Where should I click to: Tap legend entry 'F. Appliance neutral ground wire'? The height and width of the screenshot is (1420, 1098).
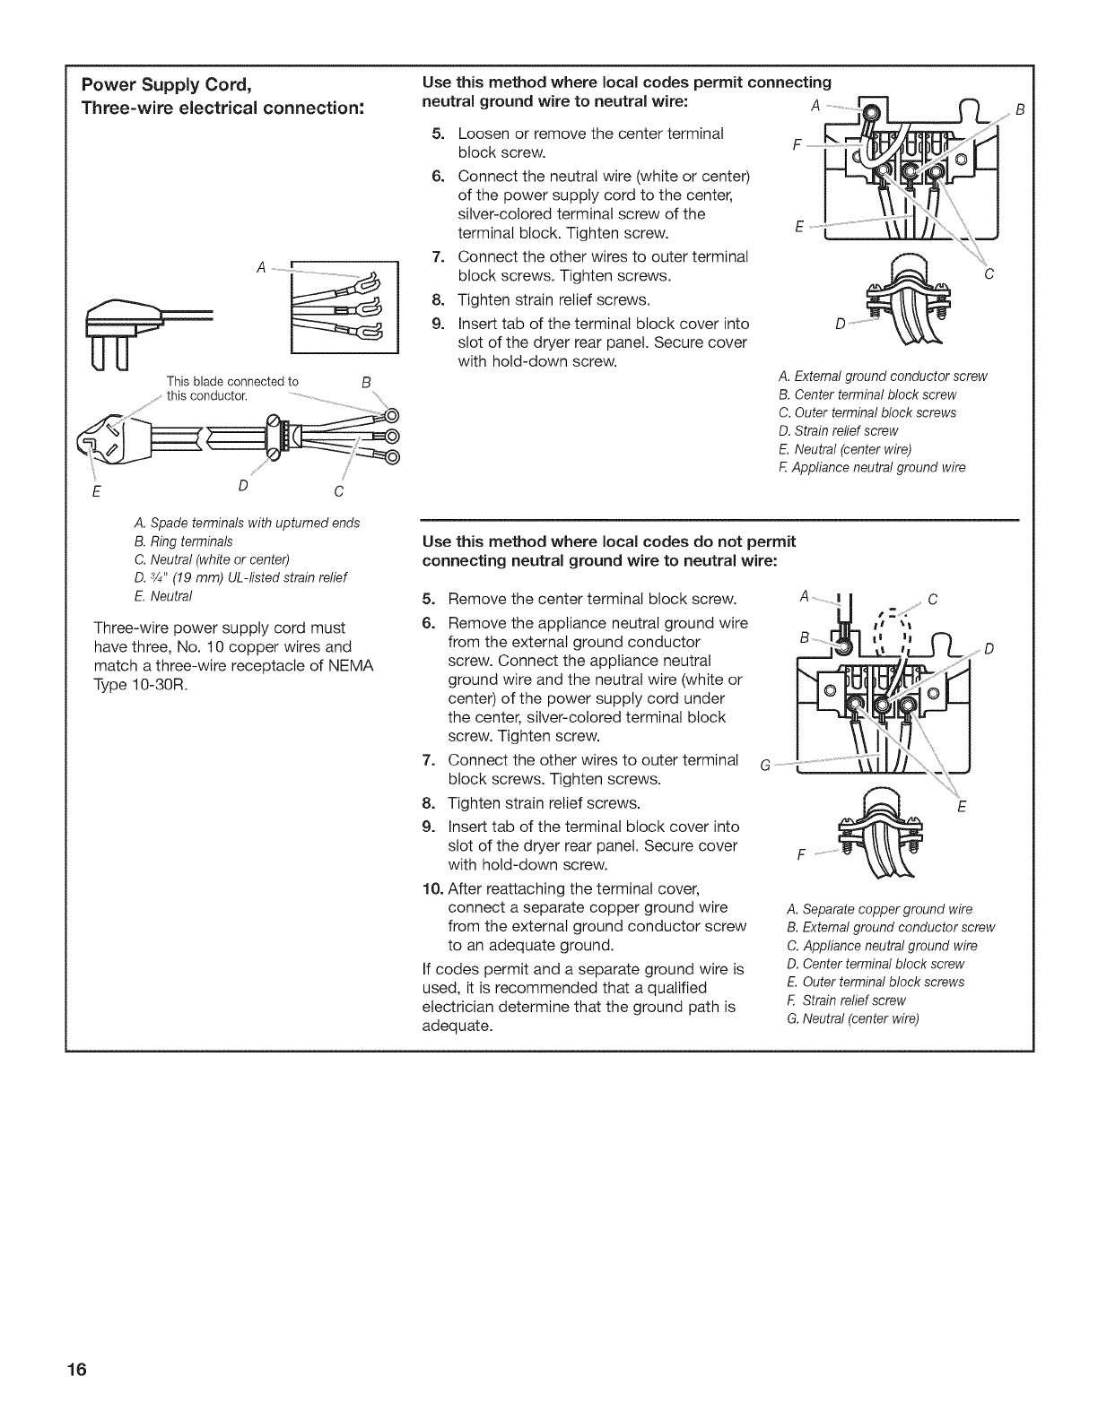coord(871,467)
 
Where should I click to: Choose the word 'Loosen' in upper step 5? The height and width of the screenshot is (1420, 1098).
coord(483,134)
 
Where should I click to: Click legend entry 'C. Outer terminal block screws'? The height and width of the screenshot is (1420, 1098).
coord(867,412)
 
